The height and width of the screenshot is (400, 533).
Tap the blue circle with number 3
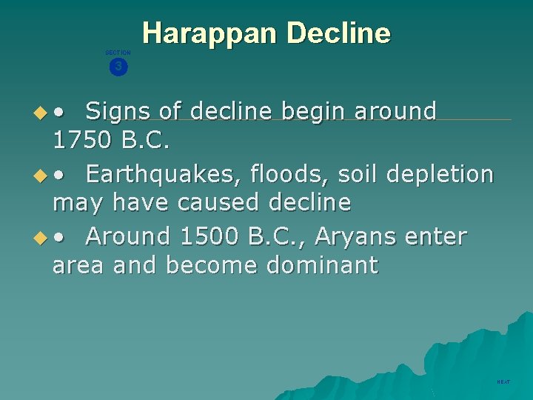pos(118,67)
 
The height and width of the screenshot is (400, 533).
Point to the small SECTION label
pos(118,53)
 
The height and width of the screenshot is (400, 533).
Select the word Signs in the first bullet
pos(118,111)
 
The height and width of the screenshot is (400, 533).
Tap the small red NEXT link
pos(503,381)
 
